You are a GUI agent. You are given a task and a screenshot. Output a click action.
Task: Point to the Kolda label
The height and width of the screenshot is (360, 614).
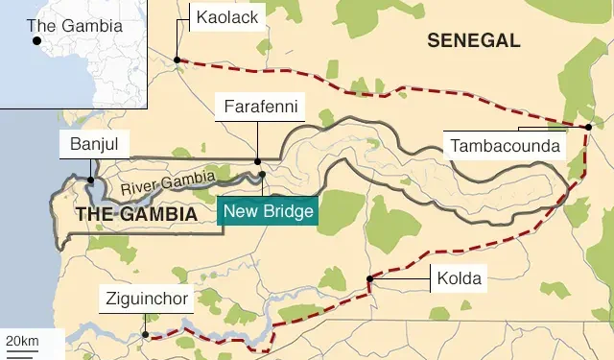457,279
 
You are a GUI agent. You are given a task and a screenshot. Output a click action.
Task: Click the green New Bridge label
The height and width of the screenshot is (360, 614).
268,211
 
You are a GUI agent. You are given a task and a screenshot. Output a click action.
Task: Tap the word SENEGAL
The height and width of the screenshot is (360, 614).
474,40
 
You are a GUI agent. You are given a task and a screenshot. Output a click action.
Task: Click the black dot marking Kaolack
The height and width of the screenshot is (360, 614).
177,60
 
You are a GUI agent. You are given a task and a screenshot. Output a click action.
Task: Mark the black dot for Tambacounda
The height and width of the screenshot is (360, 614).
588,127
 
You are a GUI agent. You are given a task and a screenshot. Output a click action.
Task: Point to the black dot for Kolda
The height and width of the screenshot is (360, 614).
369,279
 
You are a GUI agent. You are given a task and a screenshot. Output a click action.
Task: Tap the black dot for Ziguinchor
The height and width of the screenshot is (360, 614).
146,335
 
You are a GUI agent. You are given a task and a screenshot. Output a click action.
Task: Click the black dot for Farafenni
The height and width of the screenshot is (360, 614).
257,162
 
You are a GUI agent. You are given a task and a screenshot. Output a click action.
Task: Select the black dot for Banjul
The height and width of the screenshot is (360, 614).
91,180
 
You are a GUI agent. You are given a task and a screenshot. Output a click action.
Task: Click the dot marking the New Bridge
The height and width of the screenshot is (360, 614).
261,175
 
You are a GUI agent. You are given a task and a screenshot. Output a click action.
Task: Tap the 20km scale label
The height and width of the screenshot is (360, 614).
22,341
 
